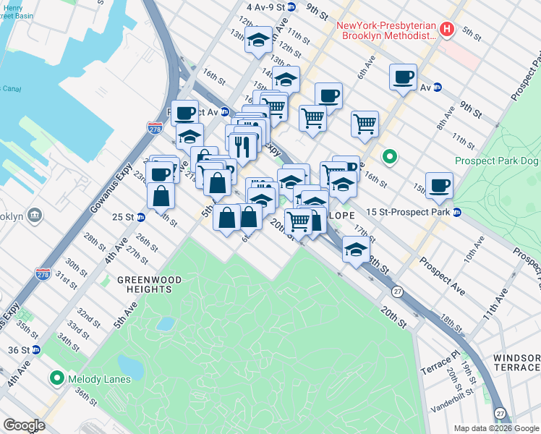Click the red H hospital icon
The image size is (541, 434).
[447, 30]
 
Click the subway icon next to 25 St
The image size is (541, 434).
[141, 217]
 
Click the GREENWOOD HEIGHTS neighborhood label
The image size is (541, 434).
[145, 284]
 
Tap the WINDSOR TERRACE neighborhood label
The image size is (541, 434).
[516, 362]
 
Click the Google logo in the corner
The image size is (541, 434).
[24, 425]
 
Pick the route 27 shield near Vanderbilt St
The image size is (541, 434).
[500, 412]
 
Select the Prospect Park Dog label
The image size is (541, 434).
[497, 161]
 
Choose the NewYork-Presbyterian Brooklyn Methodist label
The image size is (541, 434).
[388, 30]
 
